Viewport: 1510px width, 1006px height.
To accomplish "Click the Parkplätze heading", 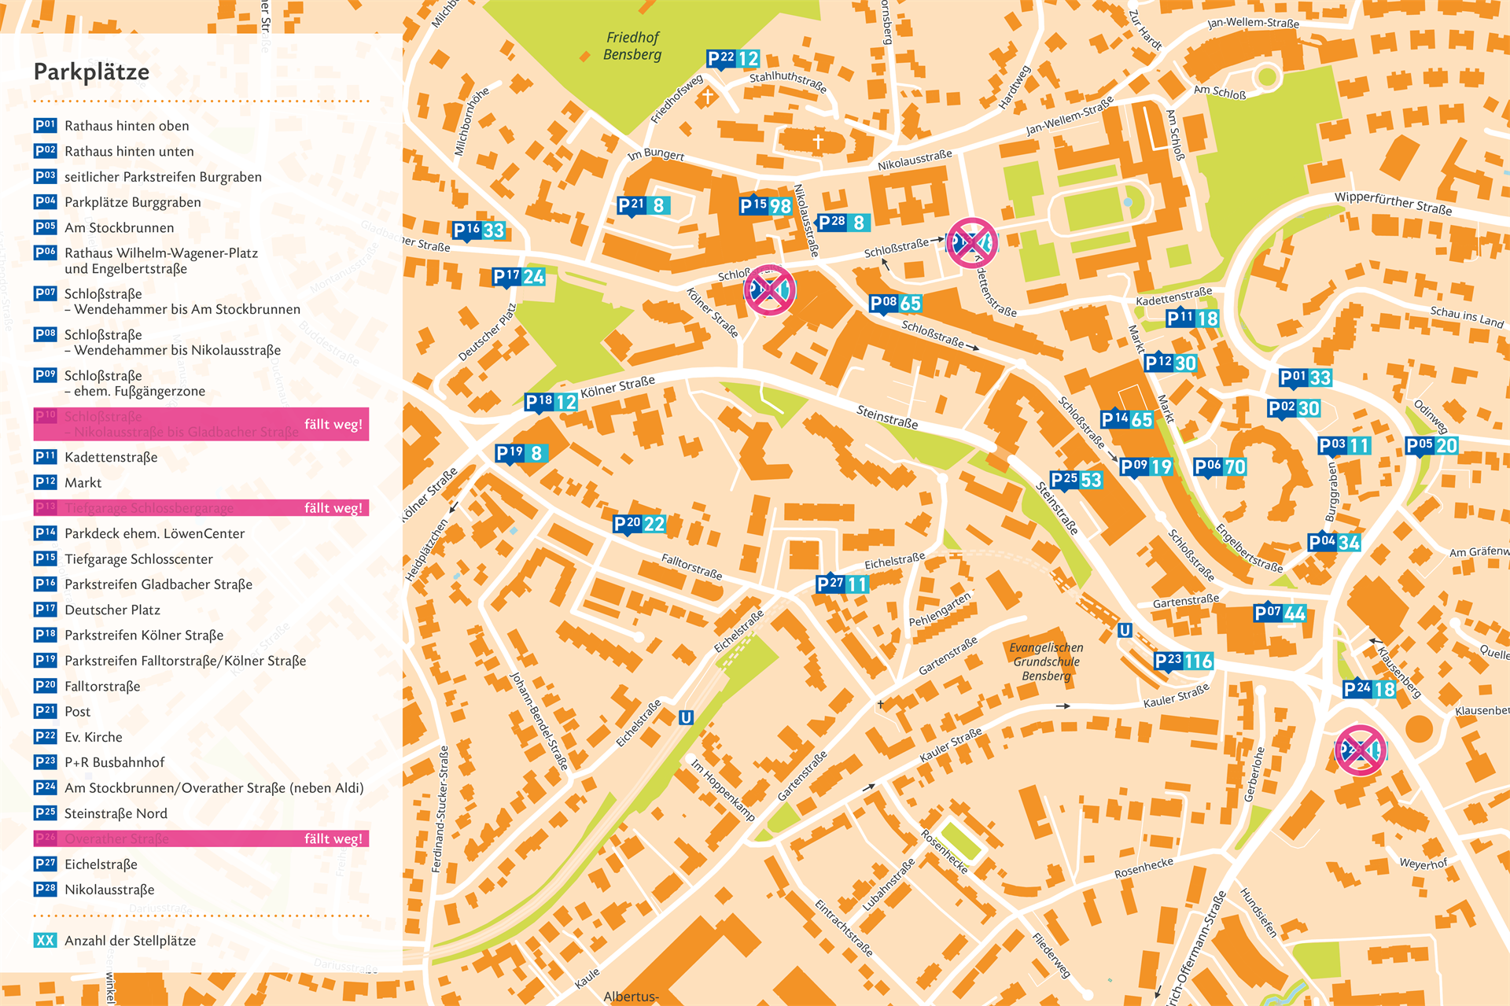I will (x=91, y=72).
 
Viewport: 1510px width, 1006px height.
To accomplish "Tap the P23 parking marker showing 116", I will (x=1183, y=661).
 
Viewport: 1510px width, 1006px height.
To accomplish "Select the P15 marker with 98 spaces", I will (x=765, y=206).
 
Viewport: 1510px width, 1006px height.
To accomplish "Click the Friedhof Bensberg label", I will (x=632, y=46).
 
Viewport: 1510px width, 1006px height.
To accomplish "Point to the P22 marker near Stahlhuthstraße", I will (x=733, y=59).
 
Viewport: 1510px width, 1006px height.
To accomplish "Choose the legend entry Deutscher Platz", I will (x=112, y=610).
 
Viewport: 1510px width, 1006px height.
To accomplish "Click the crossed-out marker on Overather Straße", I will (x=1361, y=750).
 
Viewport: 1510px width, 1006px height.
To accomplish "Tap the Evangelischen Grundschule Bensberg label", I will (x=1046, y=661).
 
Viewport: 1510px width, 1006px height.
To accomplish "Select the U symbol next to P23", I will (x=1125, y=630).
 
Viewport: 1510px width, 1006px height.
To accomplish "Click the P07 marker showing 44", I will (x=1280, y=613).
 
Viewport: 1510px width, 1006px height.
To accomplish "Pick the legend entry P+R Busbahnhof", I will (x=115, y=762).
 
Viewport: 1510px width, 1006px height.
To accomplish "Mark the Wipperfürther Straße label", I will (x=1393, y=204).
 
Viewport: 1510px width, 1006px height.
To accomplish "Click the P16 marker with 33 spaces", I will (x=478, y=230).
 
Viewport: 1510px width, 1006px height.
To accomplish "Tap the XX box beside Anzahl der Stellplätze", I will (x=46, y=940).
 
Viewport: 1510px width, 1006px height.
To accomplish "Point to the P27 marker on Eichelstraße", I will (x=842, y=584).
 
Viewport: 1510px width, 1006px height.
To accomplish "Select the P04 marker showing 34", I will (x=1334, y=542).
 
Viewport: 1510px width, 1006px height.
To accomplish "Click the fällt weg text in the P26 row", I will (x=333, y=838).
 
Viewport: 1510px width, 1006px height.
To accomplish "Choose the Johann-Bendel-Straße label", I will (x=539, y=720).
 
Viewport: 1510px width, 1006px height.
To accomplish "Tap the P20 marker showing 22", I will (x=639, y=524).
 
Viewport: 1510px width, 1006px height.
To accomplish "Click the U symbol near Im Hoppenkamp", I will (x=686, y=717).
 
